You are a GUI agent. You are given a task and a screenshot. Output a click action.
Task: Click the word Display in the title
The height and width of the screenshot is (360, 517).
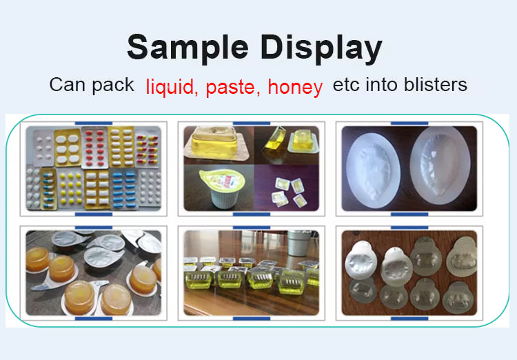(321, 48)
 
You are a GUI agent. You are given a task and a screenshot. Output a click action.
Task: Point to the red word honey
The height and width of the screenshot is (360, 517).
(295, 87)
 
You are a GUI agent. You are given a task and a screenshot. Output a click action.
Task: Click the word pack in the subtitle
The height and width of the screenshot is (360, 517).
(113, 86)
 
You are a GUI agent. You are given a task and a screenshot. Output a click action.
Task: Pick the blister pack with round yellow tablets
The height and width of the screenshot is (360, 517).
(70, 189)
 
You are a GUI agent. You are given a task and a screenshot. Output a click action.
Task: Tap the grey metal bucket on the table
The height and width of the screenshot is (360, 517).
(298, 243)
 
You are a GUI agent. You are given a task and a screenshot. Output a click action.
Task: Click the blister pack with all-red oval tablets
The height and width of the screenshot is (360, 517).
(95, 148)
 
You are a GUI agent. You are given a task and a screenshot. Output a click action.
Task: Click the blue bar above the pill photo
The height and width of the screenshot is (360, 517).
(94, 123)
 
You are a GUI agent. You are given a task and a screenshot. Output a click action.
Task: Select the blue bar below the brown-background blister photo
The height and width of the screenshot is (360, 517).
(409, 319)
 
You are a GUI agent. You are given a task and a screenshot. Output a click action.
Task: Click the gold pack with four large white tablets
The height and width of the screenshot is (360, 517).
(68, 148)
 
